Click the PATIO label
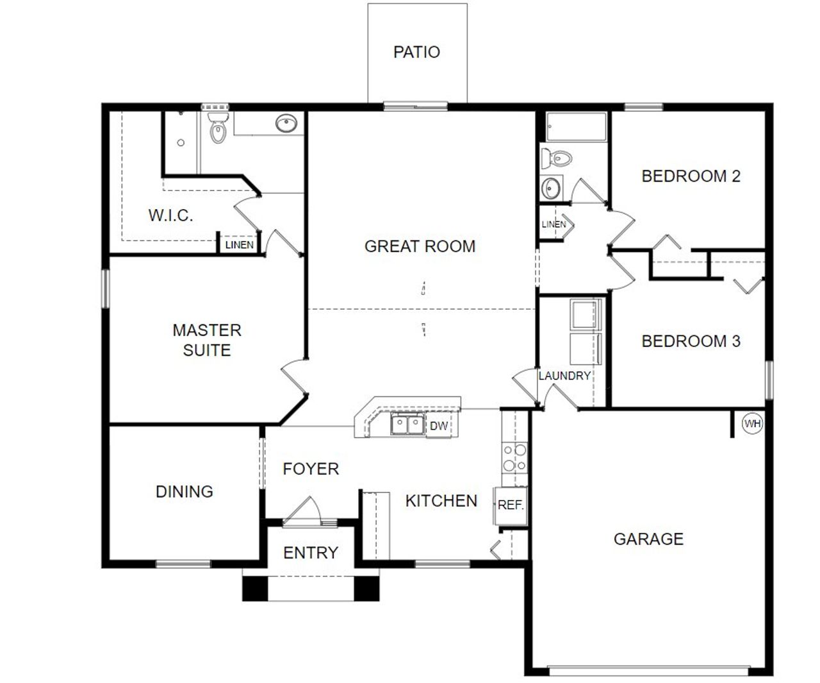tap(416, 52)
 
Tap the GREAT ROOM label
tap(420, 246)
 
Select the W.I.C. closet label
tap(170, 215)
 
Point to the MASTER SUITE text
tap(207, 340)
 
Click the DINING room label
tap(184, 492)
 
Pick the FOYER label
tap(311, 469)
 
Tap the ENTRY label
tap(311, 553)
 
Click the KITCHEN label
tap(441, 501)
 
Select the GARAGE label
tap(648, 539)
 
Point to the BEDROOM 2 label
tap(691, 176)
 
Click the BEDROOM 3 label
tap(691, 341)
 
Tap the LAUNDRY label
tap(564, 376)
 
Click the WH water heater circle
tap(752, 424)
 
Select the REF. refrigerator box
tap(511, 505)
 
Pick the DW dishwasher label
tap(438, 426)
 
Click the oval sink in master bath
tap(286, 124)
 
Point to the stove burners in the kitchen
tap(514, 457)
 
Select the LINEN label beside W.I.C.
tap(240, 245)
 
